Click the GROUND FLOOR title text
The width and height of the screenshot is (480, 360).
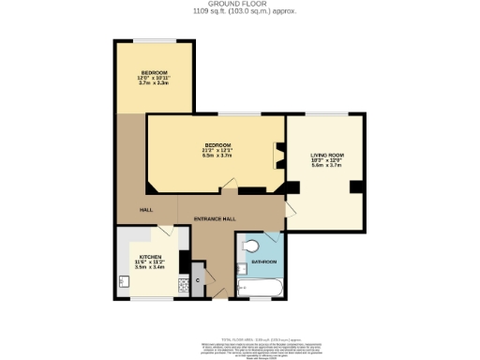click(241, 5)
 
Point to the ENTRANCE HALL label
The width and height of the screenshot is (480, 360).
click(213, 218)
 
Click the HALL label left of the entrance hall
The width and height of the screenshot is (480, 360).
click(146, 210)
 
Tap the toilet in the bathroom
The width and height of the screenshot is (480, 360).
click(247, 247)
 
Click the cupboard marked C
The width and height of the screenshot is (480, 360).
click(197, 279)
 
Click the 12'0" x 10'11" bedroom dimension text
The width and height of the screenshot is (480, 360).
click(154, 78)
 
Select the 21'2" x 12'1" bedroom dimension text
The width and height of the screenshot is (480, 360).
click(217, 150)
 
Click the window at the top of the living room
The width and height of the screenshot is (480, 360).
click(324, 113)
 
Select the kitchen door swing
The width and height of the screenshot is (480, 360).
click(164, 232)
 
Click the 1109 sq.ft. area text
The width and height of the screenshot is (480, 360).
click(241, 12)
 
